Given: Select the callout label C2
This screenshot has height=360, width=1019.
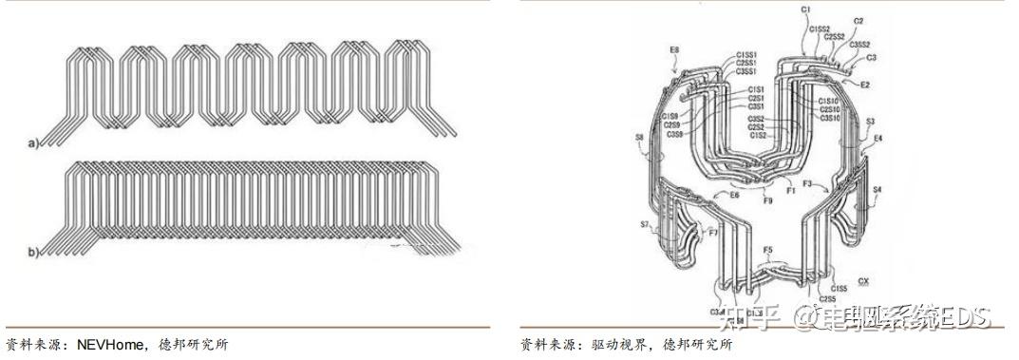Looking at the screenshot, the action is coord(859,20).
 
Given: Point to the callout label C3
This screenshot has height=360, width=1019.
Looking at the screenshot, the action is coord(871,57).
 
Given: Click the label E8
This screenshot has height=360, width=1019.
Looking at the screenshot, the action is coord(673,48).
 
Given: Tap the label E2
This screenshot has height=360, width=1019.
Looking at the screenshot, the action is coord(865,85).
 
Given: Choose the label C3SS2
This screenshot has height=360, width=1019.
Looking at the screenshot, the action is coord(859,44).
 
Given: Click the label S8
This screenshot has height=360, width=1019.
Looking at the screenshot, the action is coord(639,139).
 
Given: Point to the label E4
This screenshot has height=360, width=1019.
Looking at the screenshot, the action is coord(877,139).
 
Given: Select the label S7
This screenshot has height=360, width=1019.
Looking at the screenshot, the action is coord(645,225).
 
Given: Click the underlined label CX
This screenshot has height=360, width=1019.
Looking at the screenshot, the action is coord(862,281).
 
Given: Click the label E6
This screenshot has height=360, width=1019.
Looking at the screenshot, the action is coord(733,195).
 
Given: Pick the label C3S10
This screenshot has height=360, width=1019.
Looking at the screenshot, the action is coord(829,119).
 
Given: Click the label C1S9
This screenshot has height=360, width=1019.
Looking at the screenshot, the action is coord(670,116).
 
